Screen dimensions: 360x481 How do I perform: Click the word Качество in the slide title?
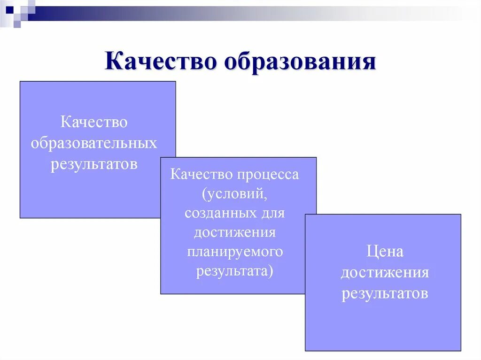pos(161,62)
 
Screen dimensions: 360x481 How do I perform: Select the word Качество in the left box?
pos(94,122)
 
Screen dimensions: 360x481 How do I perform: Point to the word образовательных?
pos(94,143)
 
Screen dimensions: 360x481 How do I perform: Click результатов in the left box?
pos(94,164)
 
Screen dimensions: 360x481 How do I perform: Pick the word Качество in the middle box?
pos(202,175)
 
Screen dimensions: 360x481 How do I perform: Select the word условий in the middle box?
pos(235,194)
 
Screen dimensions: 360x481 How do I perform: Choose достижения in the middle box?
pos(234,232)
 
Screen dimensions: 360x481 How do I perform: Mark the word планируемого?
pos(234,252)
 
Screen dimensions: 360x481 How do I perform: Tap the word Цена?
pos(385,252)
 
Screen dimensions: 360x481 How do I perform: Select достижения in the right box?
pos(385,273)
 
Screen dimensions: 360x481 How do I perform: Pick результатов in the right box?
pos(385,294)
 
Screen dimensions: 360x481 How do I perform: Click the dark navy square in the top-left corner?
pos(9,8)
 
